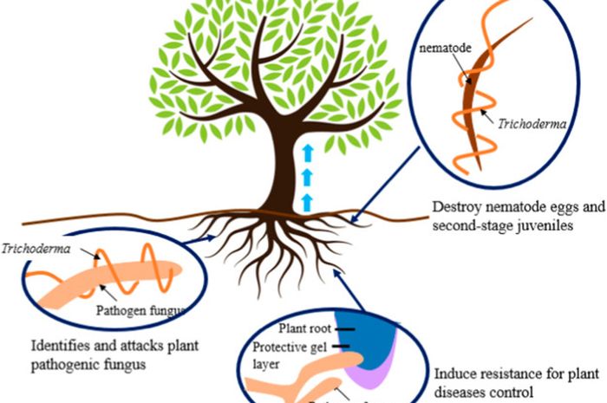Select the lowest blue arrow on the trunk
click(305, 202)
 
